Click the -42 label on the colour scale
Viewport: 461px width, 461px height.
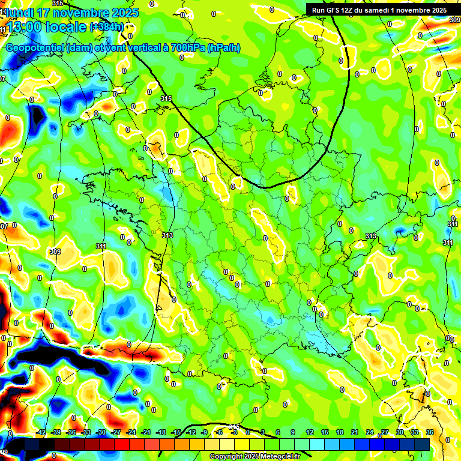(x=41, y=432)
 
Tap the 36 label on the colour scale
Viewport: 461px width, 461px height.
(x=430, y=432)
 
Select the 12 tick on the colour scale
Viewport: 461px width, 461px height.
(x=310, y=432)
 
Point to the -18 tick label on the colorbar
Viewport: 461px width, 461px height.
(x=161, y=432)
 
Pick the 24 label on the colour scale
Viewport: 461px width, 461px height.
(x=370, y=432)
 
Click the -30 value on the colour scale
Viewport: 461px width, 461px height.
(x=101, y=432)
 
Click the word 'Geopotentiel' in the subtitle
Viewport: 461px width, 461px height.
(x=34, y=48)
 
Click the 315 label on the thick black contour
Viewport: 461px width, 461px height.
(x=166, y=98)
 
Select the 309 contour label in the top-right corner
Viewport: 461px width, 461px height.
(x=454, y=20)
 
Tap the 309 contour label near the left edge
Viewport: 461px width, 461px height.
(x=56, y=252)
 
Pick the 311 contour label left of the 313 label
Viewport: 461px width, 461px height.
(x=101, y=246)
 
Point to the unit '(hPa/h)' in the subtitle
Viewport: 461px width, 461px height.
(x=223, y=48)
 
